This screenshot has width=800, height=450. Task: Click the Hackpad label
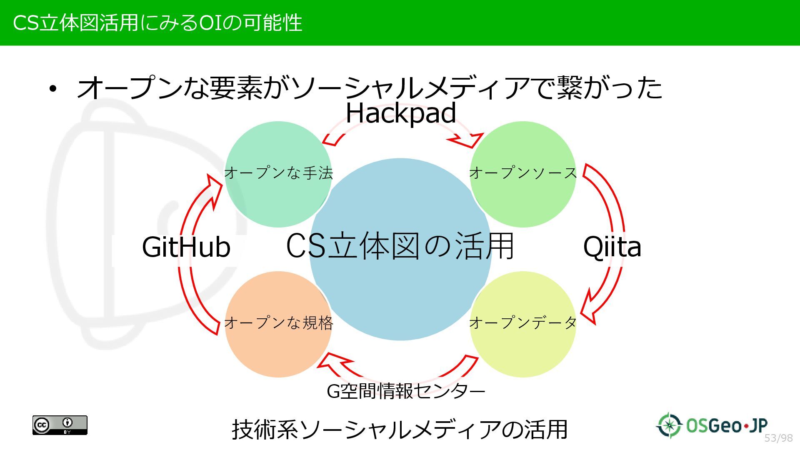click(x=401, y=113)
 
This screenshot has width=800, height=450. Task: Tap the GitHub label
click(x=186, y=247)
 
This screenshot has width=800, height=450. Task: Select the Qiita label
click(x=612, y=247)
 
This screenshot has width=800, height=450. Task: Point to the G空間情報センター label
click(x=406, y=391)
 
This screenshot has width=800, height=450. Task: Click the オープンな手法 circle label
click(x=278, y=172)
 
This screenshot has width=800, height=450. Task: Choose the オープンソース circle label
click(x=523, y=172)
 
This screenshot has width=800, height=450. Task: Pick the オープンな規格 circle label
click(x=278, y=322)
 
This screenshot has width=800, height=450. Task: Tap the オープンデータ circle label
click(x=523, y=322)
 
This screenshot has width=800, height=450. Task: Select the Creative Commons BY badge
click(x=60, y=425)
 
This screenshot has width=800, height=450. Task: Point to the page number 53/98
click(x=778, y=438)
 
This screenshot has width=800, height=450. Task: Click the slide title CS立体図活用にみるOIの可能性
click(x=157, y=22)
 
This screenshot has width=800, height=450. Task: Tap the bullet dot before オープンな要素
click(x=52, y=89)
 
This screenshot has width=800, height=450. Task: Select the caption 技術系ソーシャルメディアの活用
click(x=399, y=430)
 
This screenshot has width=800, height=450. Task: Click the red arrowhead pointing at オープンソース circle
click(x=469, y=140)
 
